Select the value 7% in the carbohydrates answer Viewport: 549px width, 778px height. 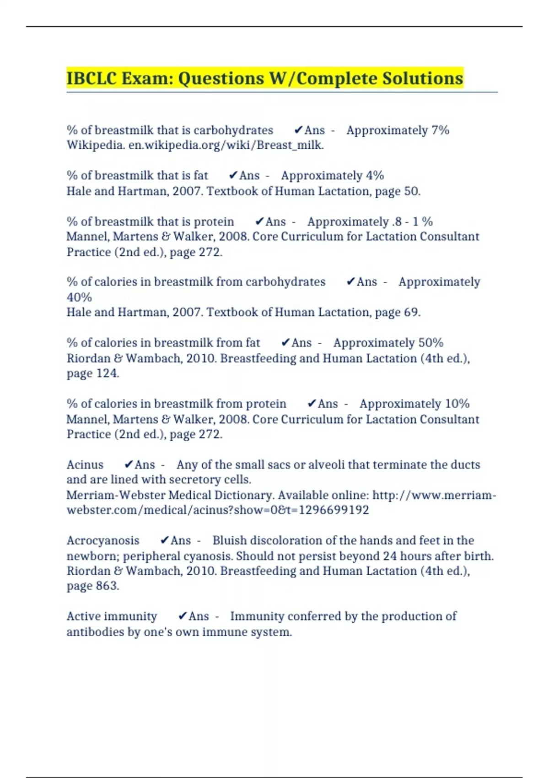click(x=440, y=130)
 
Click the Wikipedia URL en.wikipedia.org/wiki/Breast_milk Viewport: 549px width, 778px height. click(x=226, y=146)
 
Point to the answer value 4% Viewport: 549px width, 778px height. click(x=375, y=176)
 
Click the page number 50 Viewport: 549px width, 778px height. click(x=411, y=191)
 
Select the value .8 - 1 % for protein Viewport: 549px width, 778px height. click(x=412, y=222)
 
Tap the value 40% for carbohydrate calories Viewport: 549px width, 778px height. click(x=79, y=297)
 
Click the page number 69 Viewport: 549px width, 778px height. click(x=411, y=313)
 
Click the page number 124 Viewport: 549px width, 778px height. click(x=107, y=374)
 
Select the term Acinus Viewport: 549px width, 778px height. click(x=85, y=465)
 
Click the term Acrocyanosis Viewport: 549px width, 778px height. click(x=103, y=541)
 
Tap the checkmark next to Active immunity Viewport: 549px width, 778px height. click(x=183, y=616)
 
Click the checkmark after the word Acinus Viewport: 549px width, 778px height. click(x=129, y=465)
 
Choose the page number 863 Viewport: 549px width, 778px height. click(x=107, y=586)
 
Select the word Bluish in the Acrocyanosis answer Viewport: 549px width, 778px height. click(x=229, y=541)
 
